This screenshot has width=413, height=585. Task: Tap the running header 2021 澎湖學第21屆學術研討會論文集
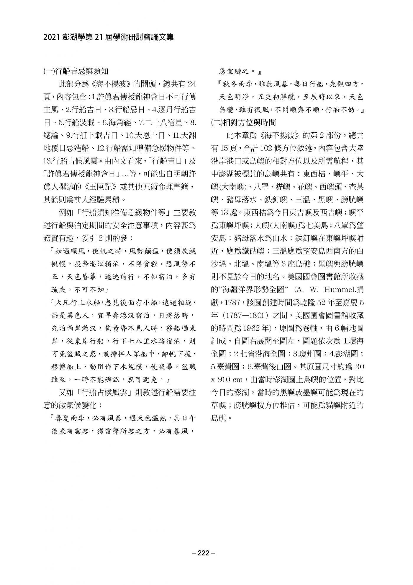click(x=109, y=37)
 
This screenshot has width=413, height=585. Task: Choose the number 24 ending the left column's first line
click(x=192, y=84)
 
